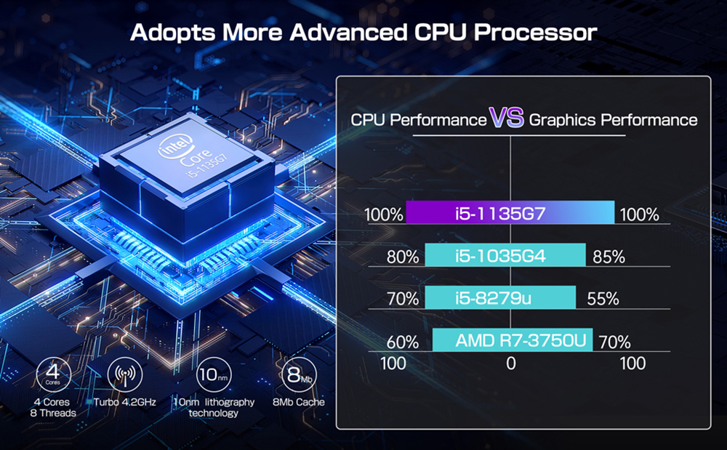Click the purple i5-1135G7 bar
(x=510, y=214)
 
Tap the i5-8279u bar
(x=500, y=297)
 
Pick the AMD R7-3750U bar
(x=513, y=340)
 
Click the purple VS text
(x=507, y=118)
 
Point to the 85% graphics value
(x=608, y=257)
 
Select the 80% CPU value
(x=403, y=257)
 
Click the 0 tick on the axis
(x=511, y=363)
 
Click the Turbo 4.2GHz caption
(x=125, y=402)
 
